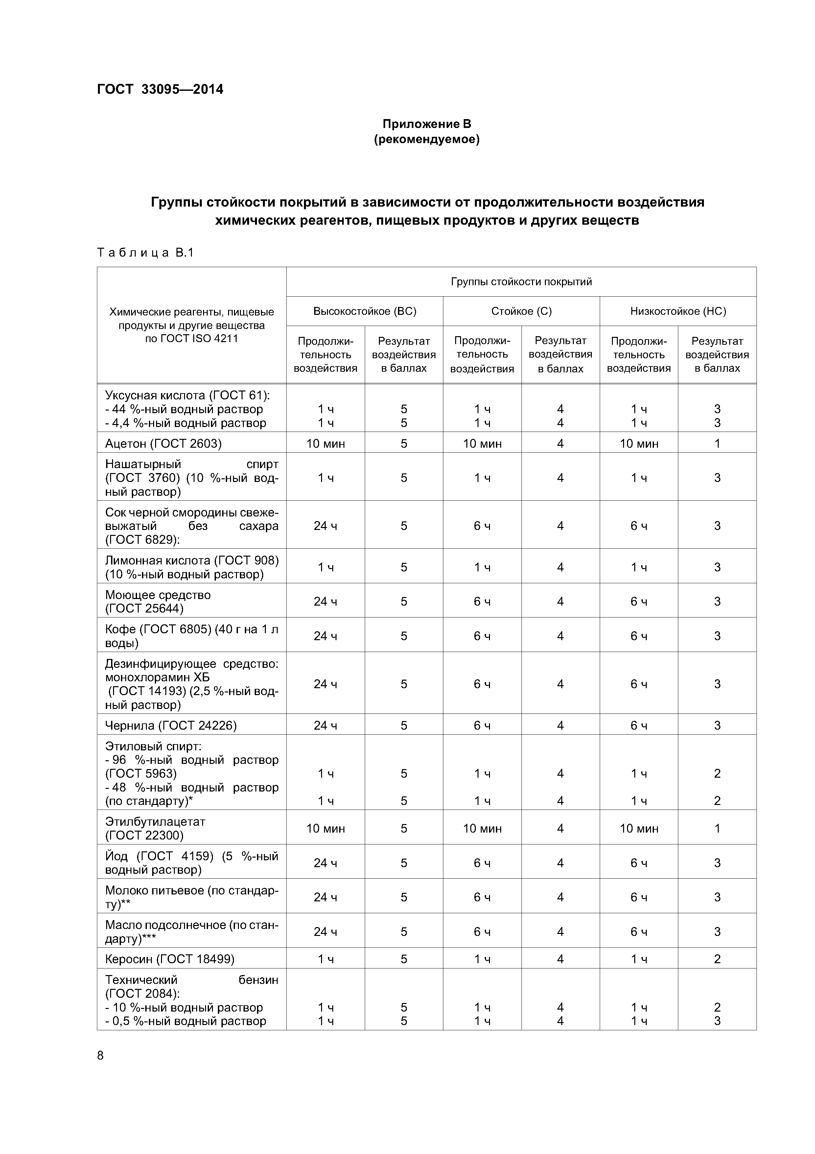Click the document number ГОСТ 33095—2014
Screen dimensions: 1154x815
click(x=160, y=89)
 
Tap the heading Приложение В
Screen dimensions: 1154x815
click(x=427, y=124)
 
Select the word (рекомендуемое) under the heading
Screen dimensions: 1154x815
click(x=427, y=139)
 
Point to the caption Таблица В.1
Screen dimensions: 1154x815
click(x=145, y=253)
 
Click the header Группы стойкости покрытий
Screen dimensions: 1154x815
click(x=521, y=282)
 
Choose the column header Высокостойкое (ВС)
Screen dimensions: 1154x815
click(x=364, y=311)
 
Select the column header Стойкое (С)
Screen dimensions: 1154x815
click(x=521, y=311)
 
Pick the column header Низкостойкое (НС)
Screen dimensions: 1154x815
click(x=678, y=311)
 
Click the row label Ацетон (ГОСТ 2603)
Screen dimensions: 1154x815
click(x=163, y=443)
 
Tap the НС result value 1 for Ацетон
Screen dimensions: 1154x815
click(x=717, y=443)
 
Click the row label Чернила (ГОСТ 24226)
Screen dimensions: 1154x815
click(x=171, y=725)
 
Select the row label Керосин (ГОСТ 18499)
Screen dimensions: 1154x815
click(x=170, y=959)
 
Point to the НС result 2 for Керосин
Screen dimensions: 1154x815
click(x=717, y=959)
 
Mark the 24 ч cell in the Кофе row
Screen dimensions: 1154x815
click(x=325, y=636)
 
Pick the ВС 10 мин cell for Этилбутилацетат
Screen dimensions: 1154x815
click(x=325, y=828)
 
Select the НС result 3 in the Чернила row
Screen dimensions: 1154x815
click(x=717, y=725)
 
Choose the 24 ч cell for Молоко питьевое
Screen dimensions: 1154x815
click(x=325, y=897)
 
